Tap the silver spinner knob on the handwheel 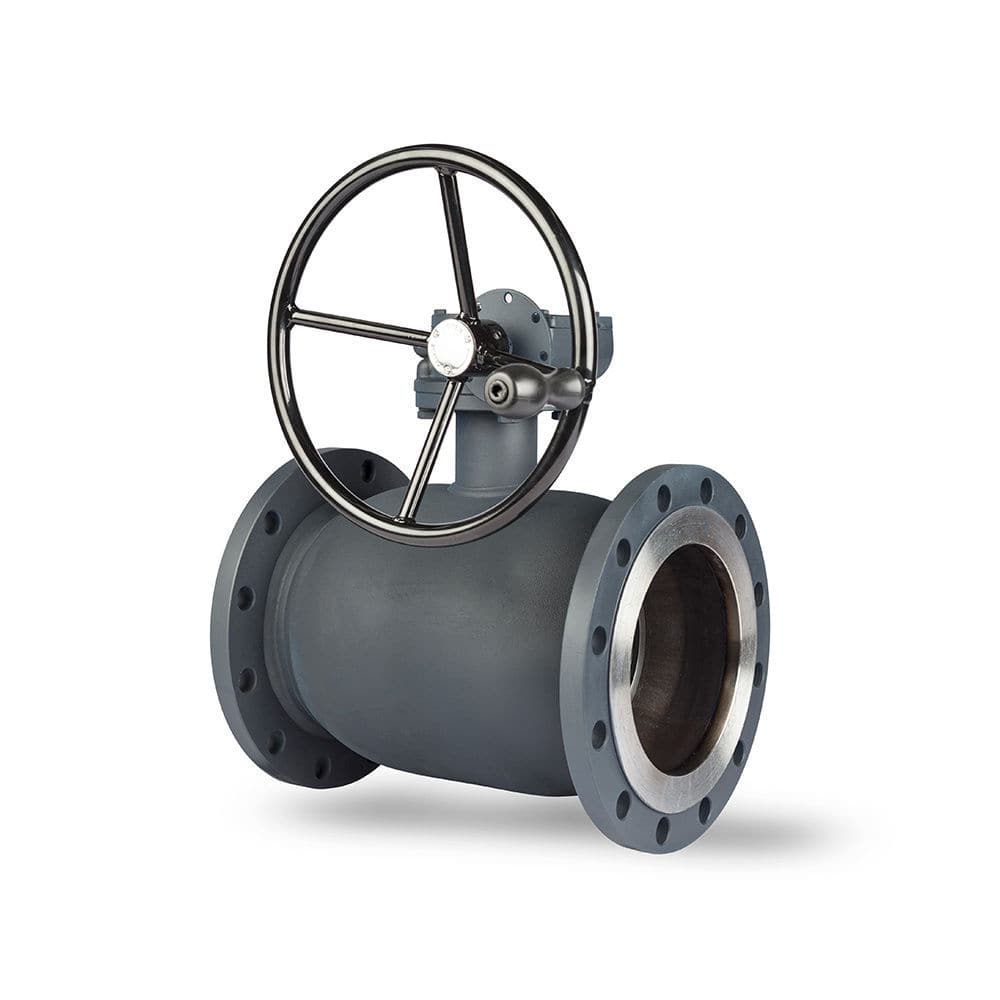pos(535,388)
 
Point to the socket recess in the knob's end pos(498,390)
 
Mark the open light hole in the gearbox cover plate pos(509,297)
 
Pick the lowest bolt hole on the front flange pos(661,828)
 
